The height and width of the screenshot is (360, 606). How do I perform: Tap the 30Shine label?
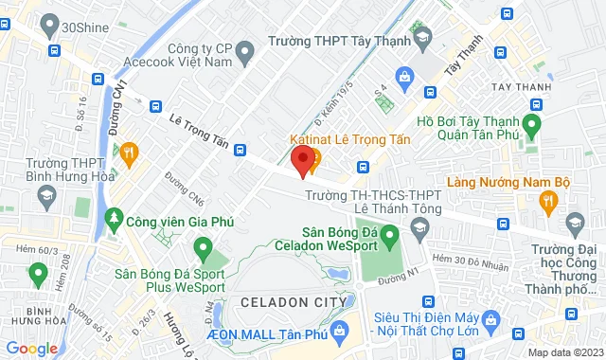pos(80,28)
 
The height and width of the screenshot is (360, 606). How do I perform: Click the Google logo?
pos(31,349)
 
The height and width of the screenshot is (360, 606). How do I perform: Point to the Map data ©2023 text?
pos(563,352)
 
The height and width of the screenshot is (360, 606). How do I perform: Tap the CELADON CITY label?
pos(285,301)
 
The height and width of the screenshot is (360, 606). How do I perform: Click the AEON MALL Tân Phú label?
pos(278,325)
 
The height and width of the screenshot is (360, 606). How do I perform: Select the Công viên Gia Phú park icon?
pos(116,219)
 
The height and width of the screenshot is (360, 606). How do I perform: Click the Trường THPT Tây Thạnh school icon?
pos(422,40)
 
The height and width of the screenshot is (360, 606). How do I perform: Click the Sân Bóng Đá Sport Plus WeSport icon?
pos(202,249)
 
